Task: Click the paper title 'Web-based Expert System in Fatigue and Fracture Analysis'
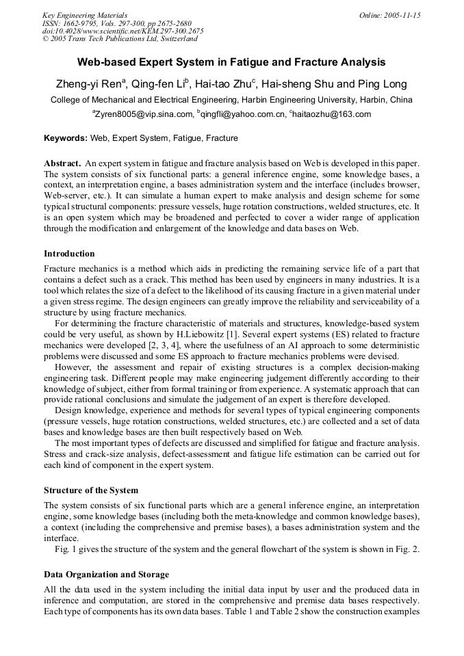point(231,62)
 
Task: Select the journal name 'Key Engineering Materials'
point(85,15)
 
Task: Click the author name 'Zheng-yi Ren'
point(89,85)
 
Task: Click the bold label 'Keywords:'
point(66,138)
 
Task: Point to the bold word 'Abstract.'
point(63,163)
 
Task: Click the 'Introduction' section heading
point(69,254)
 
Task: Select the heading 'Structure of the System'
point(91,490)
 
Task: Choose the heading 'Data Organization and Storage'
point(106,574)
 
